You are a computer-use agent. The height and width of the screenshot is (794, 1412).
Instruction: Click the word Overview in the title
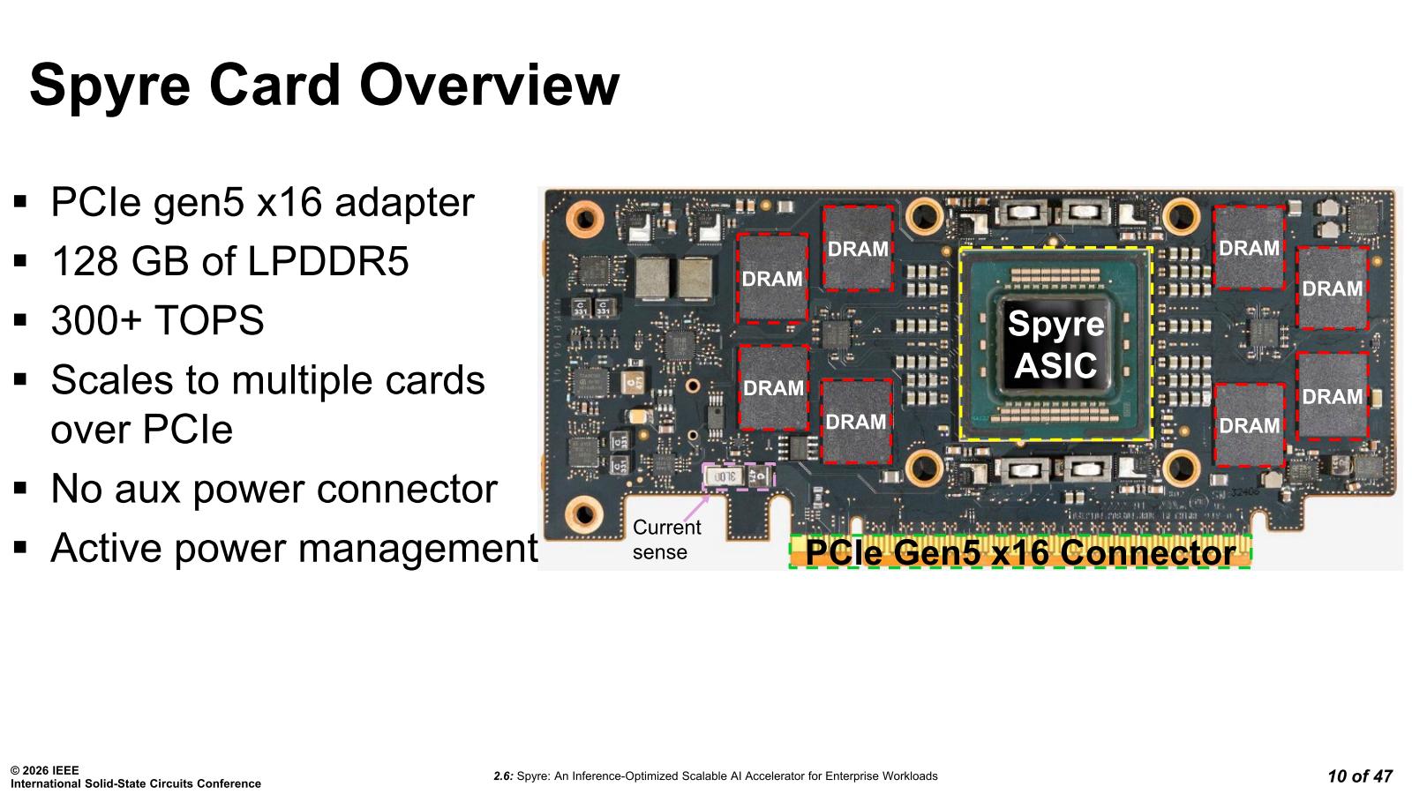click(489, 86)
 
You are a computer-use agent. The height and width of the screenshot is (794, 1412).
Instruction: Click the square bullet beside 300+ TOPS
click(21, 320)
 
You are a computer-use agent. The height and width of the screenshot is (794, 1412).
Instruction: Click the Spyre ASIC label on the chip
click(1055, 344)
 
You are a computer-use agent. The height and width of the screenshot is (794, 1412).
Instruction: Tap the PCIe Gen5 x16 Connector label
click(1020, 553)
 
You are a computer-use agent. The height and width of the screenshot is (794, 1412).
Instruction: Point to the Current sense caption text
click(665, 539)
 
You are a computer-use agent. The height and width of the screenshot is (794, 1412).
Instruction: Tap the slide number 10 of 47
click(1359, 776)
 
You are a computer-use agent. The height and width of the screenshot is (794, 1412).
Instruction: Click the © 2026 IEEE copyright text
click(45, 770)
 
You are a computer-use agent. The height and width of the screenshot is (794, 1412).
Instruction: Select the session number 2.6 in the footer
click(503, 776)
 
